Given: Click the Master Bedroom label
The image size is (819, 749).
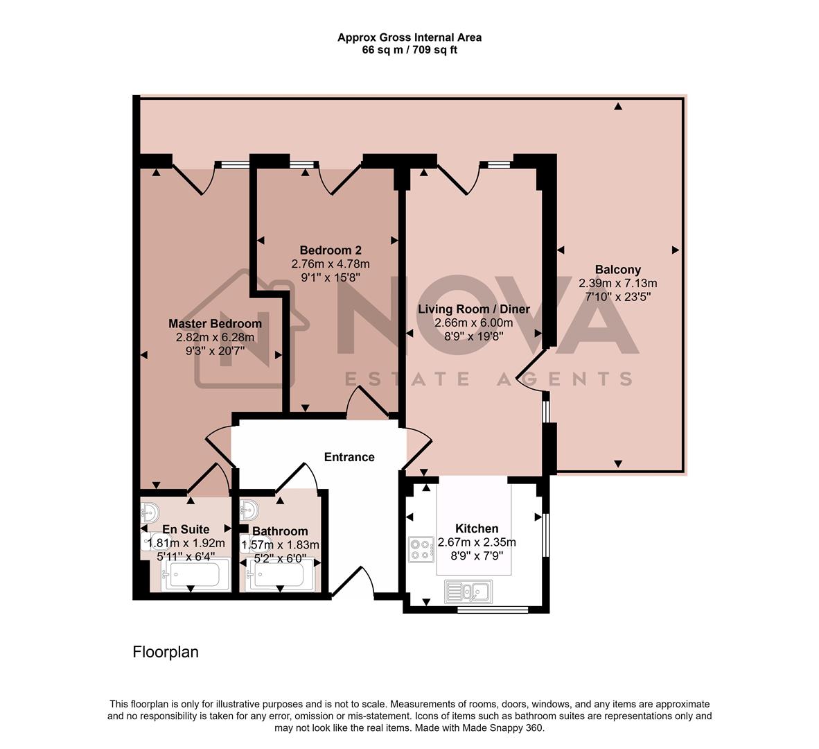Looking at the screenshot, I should coord(215,324).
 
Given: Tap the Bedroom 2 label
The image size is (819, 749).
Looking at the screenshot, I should coord(331,250).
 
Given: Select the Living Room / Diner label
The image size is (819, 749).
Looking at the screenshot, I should coord(473,309).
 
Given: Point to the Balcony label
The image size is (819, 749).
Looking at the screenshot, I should coord(617,270).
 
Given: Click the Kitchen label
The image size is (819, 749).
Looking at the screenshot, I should coord(477,528).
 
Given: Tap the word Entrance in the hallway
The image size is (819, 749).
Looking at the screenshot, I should coord(349,457).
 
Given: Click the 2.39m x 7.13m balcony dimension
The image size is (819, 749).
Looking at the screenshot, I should coord(617,283).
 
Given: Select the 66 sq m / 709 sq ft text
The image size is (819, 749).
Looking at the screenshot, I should coord(409,50).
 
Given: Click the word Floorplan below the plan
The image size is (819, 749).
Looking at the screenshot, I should coord(166,653).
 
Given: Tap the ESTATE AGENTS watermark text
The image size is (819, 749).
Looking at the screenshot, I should coord(488,379).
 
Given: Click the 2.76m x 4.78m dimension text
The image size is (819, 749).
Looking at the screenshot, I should coord(331,264).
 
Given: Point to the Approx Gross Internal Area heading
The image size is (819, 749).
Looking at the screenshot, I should coord(409,37).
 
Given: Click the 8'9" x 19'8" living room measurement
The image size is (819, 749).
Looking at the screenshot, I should coord(473,336).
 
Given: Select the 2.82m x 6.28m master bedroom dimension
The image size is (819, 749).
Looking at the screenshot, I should coord(215,338).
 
